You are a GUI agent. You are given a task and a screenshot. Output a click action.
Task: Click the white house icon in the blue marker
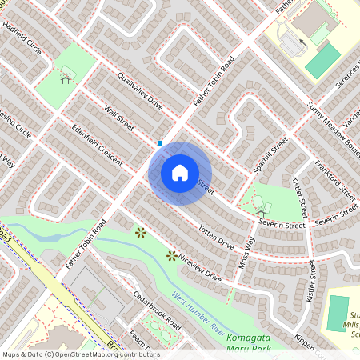tap(180, 173)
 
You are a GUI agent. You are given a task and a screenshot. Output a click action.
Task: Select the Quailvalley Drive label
tap(139, 92)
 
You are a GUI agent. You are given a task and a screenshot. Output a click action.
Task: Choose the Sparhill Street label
tap(270, 158)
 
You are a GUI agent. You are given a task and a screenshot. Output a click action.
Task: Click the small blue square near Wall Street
tap(161, 143)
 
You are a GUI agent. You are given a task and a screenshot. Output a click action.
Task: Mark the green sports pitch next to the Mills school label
tap(338, 312)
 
